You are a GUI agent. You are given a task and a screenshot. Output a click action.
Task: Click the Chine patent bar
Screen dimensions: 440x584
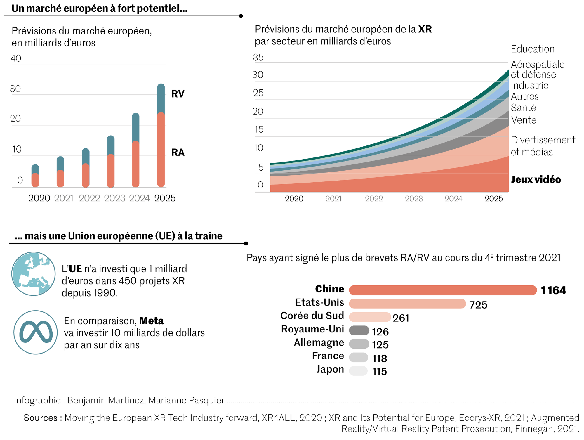pyautogui.click(x=442, y=290)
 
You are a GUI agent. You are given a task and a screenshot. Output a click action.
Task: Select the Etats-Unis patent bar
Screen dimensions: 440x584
pyautogui.click(x=407, y=304)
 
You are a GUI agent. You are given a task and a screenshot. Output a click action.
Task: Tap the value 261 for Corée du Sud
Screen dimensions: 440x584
pyautogui.click(x=401, y=318)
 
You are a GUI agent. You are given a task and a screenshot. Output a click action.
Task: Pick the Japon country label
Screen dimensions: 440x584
pyautogui.click(x=330, y=369)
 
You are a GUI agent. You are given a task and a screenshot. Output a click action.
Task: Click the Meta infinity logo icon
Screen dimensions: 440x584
pyautogui.click(x=36, y=332)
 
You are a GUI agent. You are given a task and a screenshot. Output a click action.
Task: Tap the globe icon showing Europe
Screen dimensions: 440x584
pyautogui.click(x=34, y=274)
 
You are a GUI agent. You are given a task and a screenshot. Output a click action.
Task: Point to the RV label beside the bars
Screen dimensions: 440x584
pyautogui.click(x=178, y=94)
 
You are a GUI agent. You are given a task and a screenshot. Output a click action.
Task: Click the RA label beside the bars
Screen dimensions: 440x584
pyautogui.click(x=178, y=153)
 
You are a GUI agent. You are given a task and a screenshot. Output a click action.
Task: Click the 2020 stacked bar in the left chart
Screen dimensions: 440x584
pyautogui.click(x=35, y=176)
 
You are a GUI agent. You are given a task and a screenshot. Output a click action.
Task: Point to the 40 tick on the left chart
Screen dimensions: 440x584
pyautogui.click(x=16, y=58)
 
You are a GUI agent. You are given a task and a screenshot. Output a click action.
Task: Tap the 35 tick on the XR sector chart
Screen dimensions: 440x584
pyautogui.click(x=258, y=58)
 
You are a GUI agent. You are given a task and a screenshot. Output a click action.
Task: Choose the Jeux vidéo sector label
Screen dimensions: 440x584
pyautogui.click(x=536, y=179)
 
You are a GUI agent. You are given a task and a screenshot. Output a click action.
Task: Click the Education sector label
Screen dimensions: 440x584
pyautogui.click(x=533, y=49)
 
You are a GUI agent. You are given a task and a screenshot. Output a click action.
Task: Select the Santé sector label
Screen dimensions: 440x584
pyautogui.click(x=523, y=108)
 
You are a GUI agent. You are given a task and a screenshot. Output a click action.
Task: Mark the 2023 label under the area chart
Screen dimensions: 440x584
pyautogui.click(x=414, y=199)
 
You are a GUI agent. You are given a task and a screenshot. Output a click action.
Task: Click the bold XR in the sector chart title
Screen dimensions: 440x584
pyautogui.click(x=425, y=29)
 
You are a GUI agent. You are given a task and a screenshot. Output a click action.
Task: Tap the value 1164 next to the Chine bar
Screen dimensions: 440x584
pyautogui.click(x=553, y=290)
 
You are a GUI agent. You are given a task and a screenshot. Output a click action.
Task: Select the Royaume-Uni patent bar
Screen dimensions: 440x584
pyautogui.click(x=359, y=330)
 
